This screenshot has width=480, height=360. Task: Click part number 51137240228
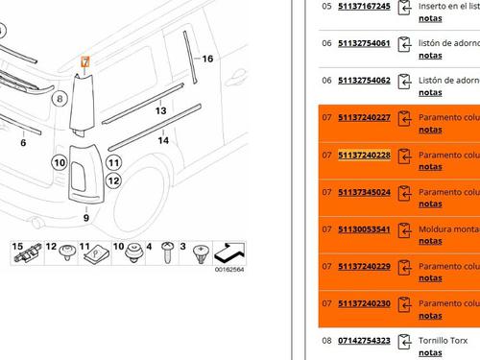(364, 156)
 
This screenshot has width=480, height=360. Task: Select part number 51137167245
(364, 7)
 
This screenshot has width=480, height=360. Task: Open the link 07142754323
(364, 341)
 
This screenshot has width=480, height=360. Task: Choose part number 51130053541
(364, 229)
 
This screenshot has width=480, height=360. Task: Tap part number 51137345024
(364, 192)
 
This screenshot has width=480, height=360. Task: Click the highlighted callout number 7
(85, 61)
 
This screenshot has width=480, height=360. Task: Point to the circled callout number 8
(60, 99)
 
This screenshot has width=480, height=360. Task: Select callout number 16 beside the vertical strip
(207, 59)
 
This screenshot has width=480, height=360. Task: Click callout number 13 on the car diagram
(160, 110)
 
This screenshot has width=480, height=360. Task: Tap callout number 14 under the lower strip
(163, 140)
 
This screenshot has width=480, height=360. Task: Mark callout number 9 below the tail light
(86, 218)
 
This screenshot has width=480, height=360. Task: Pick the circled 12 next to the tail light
(113, 181)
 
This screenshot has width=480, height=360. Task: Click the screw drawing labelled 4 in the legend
(168, 252)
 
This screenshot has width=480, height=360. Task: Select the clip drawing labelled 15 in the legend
(28, 252)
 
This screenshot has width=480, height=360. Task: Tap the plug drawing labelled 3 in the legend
(201, 254)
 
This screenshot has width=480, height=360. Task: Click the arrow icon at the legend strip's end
(229, 253)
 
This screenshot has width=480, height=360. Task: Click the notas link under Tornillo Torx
(430, 352)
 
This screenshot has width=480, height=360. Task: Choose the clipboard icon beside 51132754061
(404, 44)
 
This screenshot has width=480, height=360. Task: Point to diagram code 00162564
(229, 270)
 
